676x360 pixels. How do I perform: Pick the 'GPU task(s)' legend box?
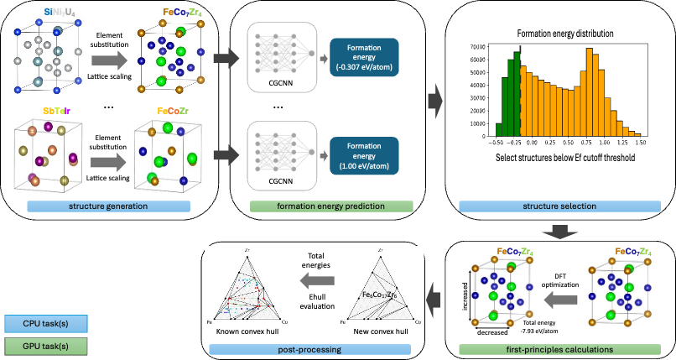click(x=50, y=346)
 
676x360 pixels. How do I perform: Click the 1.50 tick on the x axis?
click(x=642, y=143)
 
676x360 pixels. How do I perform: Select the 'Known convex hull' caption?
click(x=243, y=331)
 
